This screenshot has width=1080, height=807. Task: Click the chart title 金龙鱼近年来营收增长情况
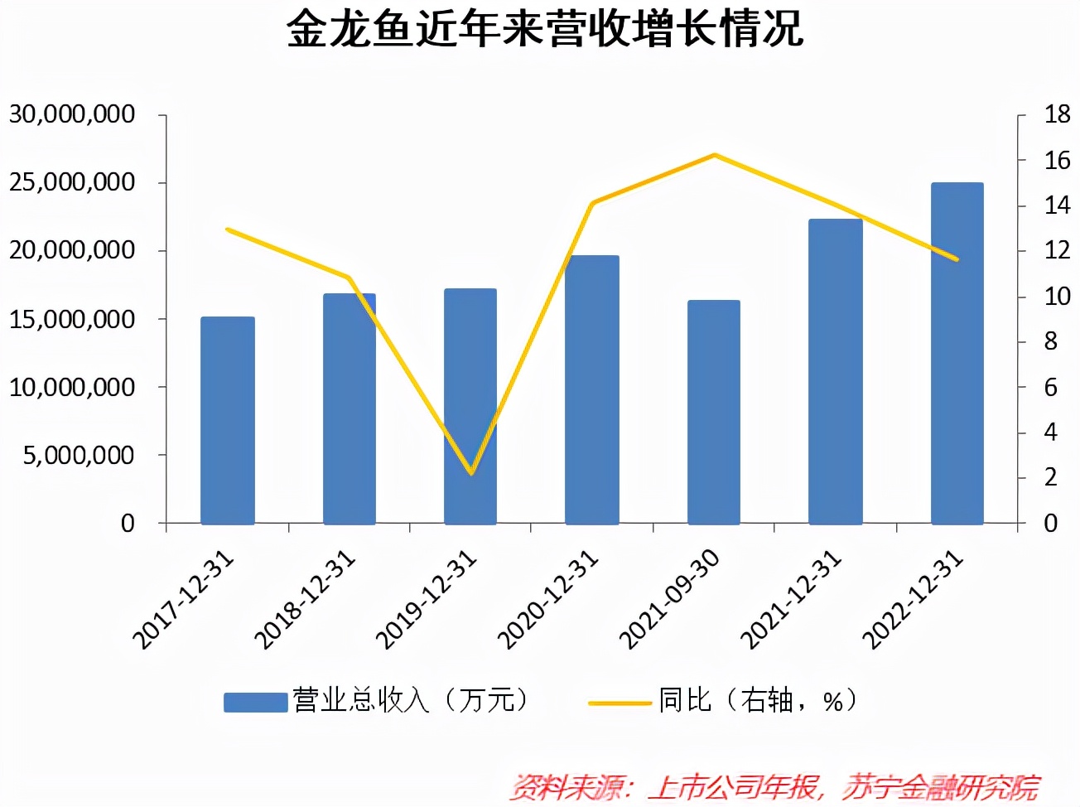(x=544, y=29)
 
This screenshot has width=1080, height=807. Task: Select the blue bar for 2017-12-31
(x=227, y=420)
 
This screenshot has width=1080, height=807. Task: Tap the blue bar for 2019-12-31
(x=470, y=406)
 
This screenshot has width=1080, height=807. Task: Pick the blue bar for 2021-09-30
(x=713, y=412)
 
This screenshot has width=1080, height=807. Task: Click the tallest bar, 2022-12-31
(x=957, y=353)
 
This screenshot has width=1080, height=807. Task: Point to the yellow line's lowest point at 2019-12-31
(x=471, y=473)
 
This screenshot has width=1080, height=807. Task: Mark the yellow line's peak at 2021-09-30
(x=714, y=155)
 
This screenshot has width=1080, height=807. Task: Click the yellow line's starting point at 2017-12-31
(x=228, y=230)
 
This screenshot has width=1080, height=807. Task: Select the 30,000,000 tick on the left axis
(x=72, y=114)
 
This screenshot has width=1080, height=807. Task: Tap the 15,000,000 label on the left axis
(x=72, y=319)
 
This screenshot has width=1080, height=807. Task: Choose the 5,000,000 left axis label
(x=79, y=455)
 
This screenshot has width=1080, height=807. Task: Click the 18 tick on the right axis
(x=1057, y=114)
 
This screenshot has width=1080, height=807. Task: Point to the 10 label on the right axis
(x=1057, y=296)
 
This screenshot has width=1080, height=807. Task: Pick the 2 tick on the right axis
(x=1050, y=477)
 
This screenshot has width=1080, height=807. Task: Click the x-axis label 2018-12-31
(x=305, y=600)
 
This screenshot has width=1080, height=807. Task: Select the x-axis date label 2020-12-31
(x=548, y=600)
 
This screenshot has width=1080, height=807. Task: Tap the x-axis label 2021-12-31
(x=791, y=600)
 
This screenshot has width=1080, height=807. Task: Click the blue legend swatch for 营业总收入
(x=255, y=702)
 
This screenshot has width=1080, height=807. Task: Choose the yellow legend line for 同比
(x=620, y=703)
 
